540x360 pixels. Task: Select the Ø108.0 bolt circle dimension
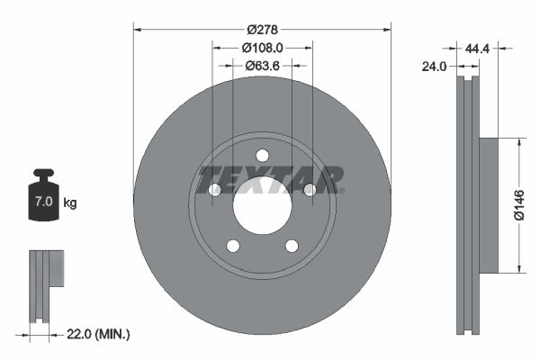(x=262, y=47)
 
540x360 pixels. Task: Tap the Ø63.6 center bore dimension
(x=262, y=65)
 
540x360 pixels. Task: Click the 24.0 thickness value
(x=434, y=66)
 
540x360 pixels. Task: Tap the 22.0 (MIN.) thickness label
(x=98, y=334)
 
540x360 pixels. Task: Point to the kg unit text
(x=70, y=203)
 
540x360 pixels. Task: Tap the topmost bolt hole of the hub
(x=262, y=155)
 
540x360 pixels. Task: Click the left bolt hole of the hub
(x=215, y=190)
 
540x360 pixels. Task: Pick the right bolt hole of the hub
(x=310, y=190)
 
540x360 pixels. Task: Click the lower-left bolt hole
(x=232, y=246)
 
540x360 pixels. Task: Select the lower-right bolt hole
(x=292, y=246)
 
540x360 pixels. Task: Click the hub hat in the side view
(x=486, y=205)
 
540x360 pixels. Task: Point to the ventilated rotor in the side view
(x=464, y=205)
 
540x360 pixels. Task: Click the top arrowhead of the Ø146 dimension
(x=518, y=141)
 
